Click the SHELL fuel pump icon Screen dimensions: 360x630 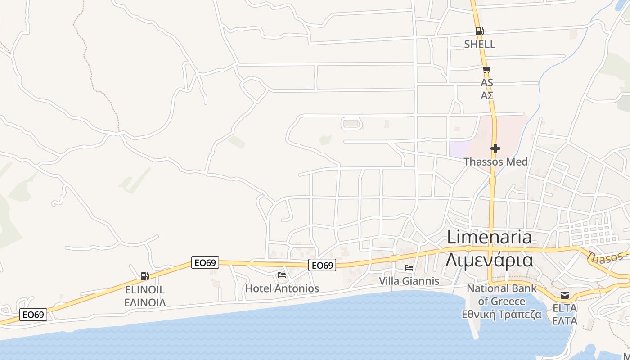(479, 31)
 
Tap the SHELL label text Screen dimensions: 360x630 (480, 44)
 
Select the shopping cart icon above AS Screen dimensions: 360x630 (486, 69)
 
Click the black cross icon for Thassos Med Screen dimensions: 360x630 (495, 148)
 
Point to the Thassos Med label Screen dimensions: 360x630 (495, 162)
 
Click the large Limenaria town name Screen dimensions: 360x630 (489, 237)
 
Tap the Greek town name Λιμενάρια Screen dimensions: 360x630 (489, 260)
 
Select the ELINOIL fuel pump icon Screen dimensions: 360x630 (144, 276)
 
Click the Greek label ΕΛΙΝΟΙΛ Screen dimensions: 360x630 (145, 302)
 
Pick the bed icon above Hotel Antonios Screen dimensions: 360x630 (282, 275)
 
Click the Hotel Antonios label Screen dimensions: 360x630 (282, 288)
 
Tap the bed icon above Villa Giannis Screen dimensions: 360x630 (409, 268)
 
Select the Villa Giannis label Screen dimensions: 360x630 (409, 281)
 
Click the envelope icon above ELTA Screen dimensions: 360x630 (564, 295)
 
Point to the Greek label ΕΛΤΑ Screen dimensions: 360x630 (565, 321)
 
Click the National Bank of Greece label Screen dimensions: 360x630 (502, 295)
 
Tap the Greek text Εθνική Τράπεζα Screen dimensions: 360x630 (502, 315)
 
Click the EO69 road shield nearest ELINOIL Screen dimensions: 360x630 (205, 262)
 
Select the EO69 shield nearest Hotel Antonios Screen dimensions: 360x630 (322, 265)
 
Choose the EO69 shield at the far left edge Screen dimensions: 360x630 (33, 315)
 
